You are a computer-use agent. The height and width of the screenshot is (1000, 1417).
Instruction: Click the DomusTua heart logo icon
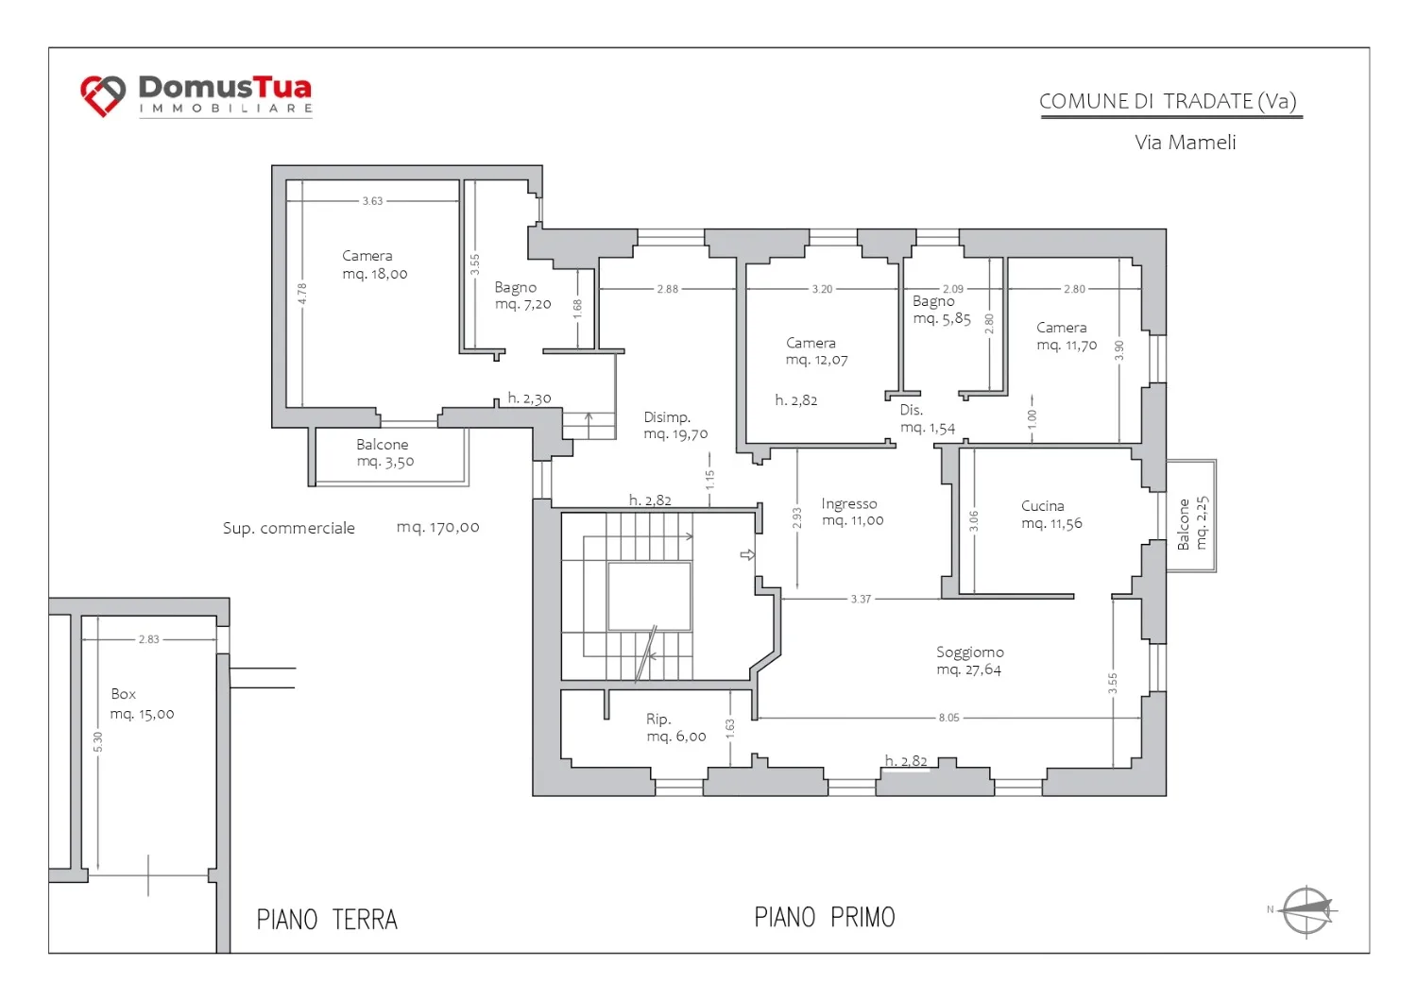103,96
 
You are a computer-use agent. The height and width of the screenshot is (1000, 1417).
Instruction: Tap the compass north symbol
1306,910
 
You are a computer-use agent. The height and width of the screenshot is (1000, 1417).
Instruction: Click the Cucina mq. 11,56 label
1051,515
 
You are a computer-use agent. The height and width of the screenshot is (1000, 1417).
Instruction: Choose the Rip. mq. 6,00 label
675,727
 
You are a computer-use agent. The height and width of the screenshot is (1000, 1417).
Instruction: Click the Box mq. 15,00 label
142,704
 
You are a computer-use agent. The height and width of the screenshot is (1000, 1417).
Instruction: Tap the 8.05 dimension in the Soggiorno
948,718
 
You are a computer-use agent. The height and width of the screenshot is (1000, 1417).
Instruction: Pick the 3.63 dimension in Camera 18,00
372,201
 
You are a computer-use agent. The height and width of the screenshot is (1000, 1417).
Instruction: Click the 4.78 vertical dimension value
302,293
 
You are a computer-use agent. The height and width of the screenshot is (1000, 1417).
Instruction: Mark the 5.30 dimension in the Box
97,742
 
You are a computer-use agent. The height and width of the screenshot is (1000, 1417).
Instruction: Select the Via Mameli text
1185,143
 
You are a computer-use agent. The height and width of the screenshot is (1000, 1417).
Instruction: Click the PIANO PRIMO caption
825,917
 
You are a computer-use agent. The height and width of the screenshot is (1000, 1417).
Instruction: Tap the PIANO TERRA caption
327,920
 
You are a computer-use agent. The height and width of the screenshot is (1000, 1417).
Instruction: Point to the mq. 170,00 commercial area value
437,527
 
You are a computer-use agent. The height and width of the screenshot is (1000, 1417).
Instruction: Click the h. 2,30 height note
529,398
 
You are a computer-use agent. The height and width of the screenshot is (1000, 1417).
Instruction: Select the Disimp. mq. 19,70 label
675,426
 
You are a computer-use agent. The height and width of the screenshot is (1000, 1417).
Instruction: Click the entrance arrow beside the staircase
747,554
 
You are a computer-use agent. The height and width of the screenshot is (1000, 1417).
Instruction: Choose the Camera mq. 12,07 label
817,351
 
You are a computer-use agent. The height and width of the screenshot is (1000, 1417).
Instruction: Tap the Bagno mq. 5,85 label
941,310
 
